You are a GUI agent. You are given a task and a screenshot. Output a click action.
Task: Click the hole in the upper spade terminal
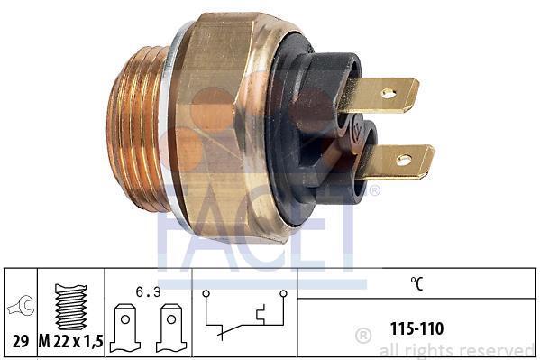point(389,93)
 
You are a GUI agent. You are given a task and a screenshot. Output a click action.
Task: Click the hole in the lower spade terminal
point(404,160)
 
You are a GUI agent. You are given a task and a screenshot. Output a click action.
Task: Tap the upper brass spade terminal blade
point(378,95)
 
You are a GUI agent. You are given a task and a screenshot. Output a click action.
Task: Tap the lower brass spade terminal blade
point(396,162)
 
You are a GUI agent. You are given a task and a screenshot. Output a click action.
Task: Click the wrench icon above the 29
point(21,305)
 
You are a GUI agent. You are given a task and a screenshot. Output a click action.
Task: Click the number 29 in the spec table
point(21,341)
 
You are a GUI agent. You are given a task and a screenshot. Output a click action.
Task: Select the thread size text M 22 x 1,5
point(71,341)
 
